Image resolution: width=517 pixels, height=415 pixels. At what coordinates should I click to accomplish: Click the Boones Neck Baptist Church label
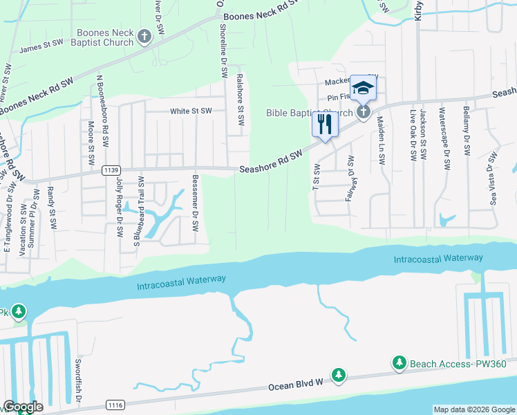click(x=104, y=37)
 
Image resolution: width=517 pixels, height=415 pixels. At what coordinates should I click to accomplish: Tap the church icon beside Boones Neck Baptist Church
click(x=144, y=37)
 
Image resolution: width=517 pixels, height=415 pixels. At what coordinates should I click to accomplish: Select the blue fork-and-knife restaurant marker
click(x=324, y=124)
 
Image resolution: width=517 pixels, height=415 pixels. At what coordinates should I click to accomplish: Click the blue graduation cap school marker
click(x=363, y=88)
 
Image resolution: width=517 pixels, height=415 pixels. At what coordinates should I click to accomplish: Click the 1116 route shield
click(x=116, y=403)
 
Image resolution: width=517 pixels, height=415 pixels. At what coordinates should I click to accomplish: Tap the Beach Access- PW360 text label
click(x=458, y=364)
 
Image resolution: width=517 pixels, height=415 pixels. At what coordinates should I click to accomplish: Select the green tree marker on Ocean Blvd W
click(x=338, y=375)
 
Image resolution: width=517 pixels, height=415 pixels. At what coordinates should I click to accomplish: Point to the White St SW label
click(x=191, y=111)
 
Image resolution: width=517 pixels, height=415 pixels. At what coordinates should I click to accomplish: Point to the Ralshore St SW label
click(x=240, y=100)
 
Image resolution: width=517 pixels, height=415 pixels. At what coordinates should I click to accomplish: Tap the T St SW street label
click(x=316, y=178)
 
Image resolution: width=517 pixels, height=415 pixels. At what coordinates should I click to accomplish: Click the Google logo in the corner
click(x=23, y=407)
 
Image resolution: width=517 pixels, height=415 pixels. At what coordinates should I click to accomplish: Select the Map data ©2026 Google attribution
click(x=473, y=409)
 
